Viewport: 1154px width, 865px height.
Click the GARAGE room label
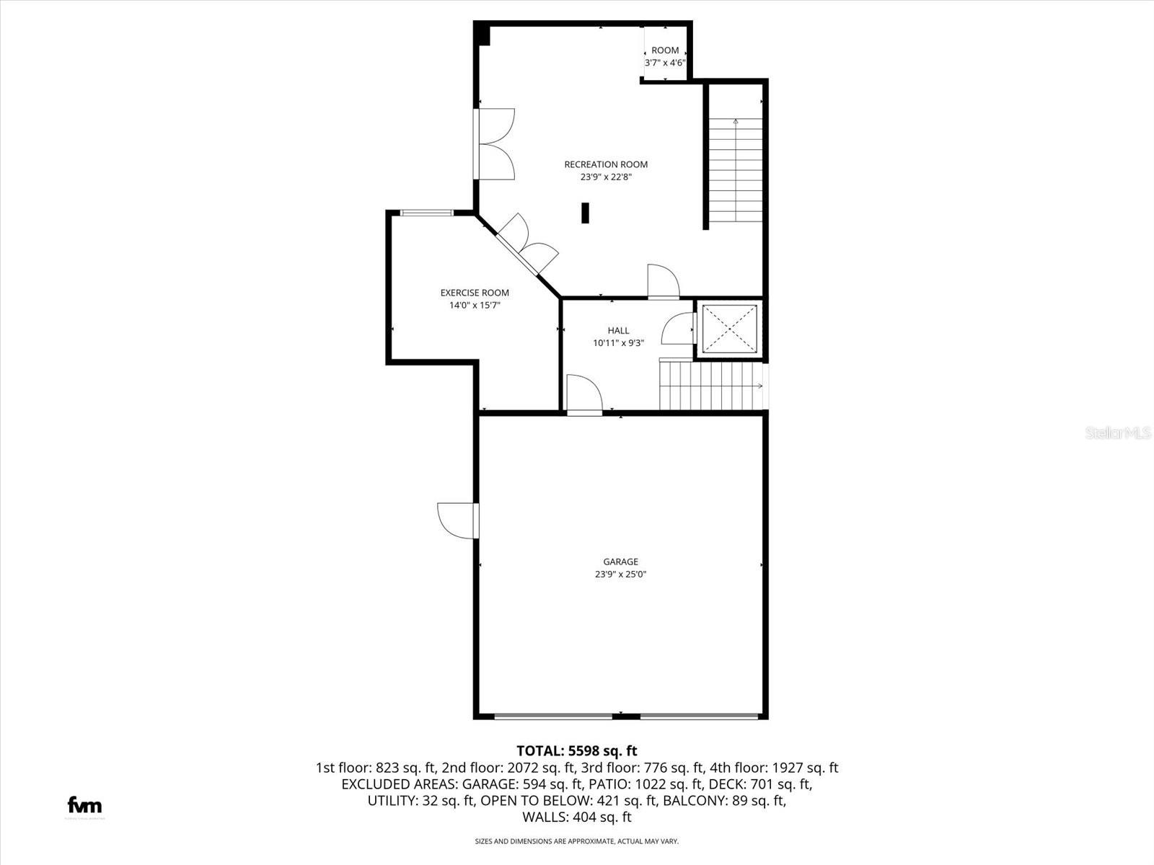tap(620, 562)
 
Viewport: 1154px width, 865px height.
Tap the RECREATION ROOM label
tap(606, 164)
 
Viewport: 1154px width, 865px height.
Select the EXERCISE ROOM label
tap(475, 293)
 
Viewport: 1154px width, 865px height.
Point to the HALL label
tap(618, 331)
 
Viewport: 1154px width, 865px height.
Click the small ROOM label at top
tap(665, 50)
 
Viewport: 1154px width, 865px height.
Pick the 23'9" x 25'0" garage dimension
tap(620, 575)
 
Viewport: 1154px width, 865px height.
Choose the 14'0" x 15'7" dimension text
tap(475, 306)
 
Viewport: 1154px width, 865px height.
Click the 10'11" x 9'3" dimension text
tap(618, 344)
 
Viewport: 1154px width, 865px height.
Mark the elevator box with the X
tap(730, 329)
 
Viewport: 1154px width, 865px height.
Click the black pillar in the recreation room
tap(586, 213)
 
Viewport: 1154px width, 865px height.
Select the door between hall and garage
tap(584, 396)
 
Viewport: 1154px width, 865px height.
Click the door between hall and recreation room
tap(663, 282)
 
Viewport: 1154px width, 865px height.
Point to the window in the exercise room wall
tap(427, 213)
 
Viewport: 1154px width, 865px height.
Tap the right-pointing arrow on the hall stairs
tap(759, 386)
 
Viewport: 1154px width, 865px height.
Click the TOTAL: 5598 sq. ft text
tap(576, 751)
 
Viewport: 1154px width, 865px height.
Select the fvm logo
tap(84, 805)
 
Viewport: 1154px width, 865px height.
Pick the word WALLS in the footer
tap(545, 817)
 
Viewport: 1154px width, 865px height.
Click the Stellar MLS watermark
tap(1117, 433)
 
